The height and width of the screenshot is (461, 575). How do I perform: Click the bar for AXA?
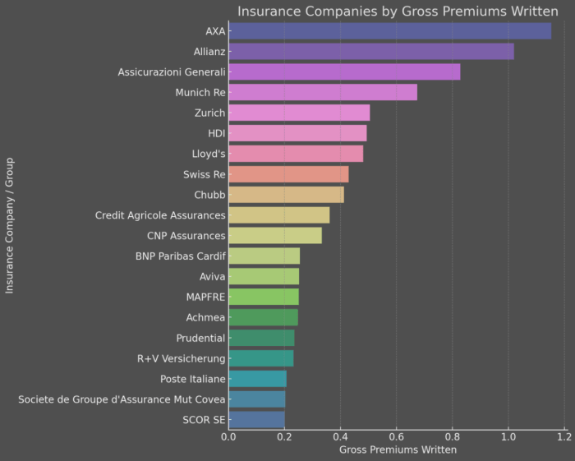389,31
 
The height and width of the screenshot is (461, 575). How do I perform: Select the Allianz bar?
371,52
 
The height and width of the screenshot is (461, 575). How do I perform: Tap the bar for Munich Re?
323,92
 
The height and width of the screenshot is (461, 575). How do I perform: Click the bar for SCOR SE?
256,419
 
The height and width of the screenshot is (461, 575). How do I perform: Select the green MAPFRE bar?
264,297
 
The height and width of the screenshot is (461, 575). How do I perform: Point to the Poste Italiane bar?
257,379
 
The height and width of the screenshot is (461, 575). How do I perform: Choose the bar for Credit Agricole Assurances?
279,215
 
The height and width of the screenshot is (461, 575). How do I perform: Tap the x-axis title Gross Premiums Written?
398,449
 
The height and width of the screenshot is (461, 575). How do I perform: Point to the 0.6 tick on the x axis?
397,436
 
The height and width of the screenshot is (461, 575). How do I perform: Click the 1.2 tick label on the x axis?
564,436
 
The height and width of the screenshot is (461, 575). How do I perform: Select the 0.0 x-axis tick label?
229,436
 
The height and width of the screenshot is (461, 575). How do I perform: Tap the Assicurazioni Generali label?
171,72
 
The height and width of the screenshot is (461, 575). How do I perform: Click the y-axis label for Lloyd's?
207,154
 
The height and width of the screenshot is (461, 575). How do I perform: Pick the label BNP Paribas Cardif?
180,256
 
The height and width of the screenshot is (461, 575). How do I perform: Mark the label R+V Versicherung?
181,358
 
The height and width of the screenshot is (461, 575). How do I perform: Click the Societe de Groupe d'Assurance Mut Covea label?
122,399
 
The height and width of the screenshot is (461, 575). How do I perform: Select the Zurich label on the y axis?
209,113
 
